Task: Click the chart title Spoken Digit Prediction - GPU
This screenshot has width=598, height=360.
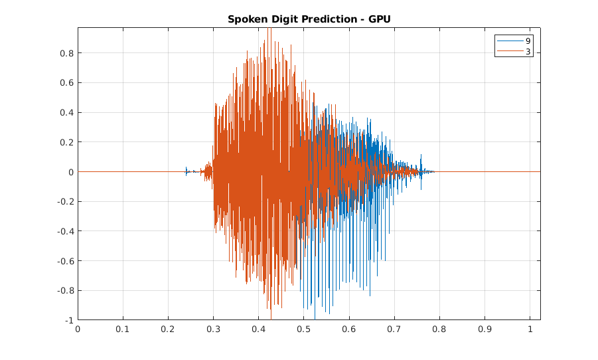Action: coord(309,19)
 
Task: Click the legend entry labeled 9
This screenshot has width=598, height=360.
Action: coord(528,41)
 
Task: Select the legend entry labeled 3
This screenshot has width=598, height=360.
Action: coord(528,51)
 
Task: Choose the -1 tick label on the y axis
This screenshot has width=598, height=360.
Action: coord(69,320)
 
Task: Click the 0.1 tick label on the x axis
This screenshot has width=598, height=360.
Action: coord(123,328)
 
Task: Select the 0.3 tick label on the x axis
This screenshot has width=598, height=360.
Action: coord(213,328)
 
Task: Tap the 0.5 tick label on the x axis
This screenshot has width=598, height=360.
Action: coord(303,328)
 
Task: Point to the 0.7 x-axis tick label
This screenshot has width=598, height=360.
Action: coord(394,328)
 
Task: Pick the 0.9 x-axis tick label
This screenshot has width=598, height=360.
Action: coord(485,328)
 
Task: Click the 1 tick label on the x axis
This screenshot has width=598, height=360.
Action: coord(530,328)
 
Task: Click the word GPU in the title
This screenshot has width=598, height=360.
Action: coord(380,19)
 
